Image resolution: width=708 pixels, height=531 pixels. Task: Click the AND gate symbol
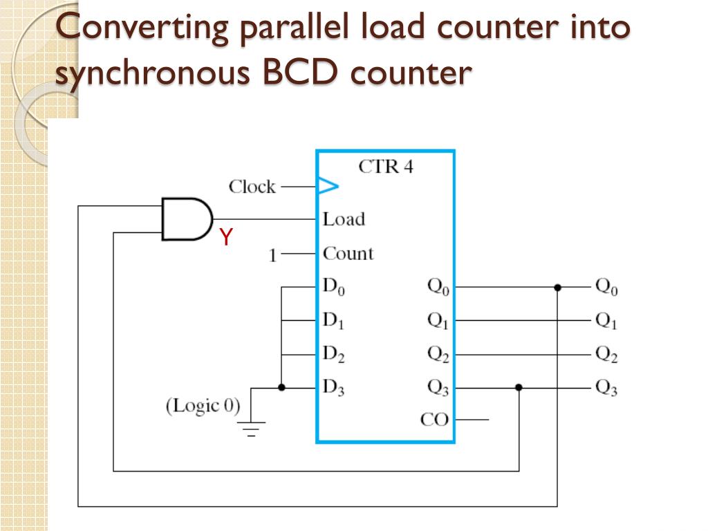coord(185,218)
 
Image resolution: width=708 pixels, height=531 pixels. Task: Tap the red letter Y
coord(225,238)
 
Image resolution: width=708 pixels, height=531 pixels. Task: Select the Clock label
coord(252,187)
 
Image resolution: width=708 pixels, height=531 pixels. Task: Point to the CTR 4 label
coord(386,167)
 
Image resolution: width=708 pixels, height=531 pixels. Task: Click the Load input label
coord(344,219)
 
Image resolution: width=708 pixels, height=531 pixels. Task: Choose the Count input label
coord(348,253)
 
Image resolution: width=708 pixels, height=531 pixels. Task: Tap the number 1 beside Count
coord(272,256)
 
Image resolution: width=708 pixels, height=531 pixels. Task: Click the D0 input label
coord(333,287)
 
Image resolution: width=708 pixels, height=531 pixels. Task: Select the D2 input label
coord(333,355)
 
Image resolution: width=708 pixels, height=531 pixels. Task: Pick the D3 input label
coord(333,388)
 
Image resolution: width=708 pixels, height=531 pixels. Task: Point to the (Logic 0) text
coord(203,405)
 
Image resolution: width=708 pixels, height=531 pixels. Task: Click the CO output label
coord(434,420)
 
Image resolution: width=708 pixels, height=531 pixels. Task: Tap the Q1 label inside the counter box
coord(438,321)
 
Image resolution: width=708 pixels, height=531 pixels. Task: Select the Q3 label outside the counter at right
coord(606,389)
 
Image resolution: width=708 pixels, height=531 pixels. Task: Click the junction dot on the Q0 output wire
coord(557,287)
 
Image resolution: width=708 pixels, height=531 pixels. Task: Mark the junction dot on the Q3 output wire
coord(519,388)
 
